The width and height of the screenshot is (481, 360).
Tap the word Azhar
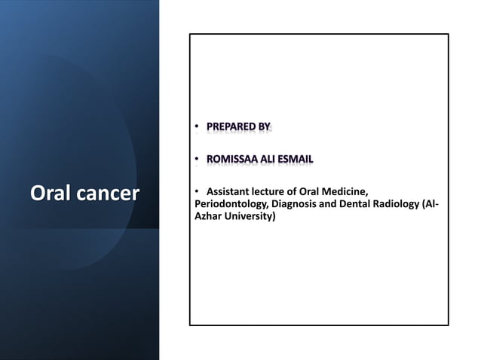[208, 217]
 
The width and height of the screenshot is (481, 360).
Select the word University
[250, 217]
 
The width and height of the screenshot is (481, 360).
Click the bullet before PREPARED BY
[196, 127]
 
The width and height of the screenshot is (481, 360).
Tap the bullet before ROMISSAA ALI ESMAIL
[196, 160]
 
